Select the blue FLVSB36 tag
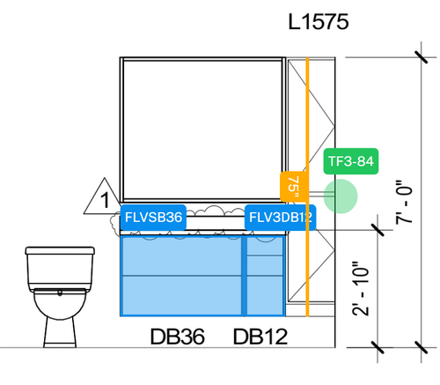pyautogui.click(x=153, y=217)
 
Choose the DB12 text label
pyautogui.click(x=260, y=337)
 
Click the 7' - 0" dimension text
pyautogui.click(x=404, y=201)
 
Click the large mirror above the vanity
pyautogui.click(x=203, y=129)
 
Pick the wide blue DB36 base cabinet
pyautogui.click(x=180, y=274)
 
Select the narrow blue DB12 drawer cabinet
pyautogui.click(x=265, y=274)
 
